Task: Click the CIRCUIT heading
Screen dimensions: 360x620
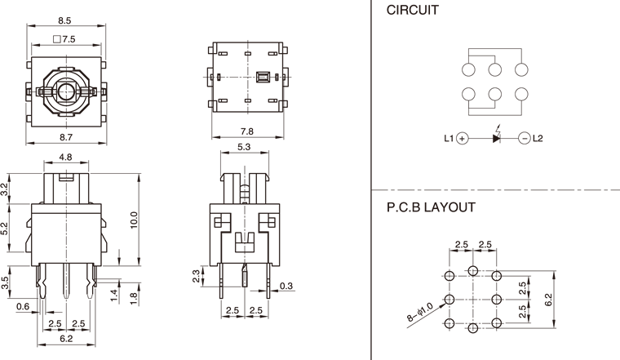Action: (413, 11)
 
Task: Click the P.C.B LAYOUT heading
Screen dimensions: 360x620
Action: (431, 207)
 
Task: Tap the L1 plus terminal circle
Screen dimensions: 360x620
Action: (462, 139)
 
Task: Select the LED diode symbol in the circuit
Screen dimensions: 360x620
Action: (497, 138)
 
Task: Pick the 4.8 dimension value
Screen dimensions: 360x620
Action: (66, 158)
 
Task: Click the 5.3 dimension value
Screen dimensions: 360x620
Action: (244, 147)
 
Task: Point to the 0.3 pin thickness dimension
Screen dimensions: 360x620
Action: (286, 285)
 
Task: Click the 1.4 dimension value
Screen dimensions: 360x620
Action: (114, 293)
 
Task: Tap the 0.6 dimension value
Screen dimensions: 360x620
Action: (22, 307)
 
